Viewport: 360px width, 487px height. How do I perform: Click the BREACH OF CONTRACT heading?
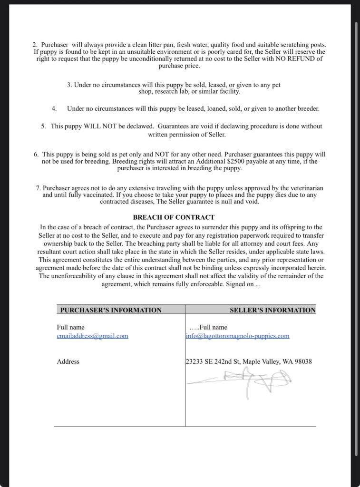[174, 217]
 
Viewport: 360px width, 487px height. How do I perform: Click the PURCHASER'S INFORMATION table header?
[111, 310]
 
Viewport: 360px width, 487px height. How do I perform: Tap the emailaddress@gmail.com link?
[92, 336]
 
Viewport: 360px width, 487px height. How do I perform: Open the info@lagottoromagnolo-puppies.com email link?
[237, 336]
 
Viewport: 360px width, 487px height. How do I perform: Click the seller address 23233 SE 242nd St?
[213, 361]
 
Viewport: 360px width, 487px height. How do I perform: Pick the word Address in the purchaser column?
[68, 361]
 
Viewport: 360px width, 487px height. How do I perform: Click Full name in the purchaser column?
[70, 327]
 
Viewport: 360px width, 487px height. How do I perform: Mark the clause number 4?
[54, 108]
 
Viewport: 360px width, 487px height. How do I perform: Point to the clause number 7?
[38, 188]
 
